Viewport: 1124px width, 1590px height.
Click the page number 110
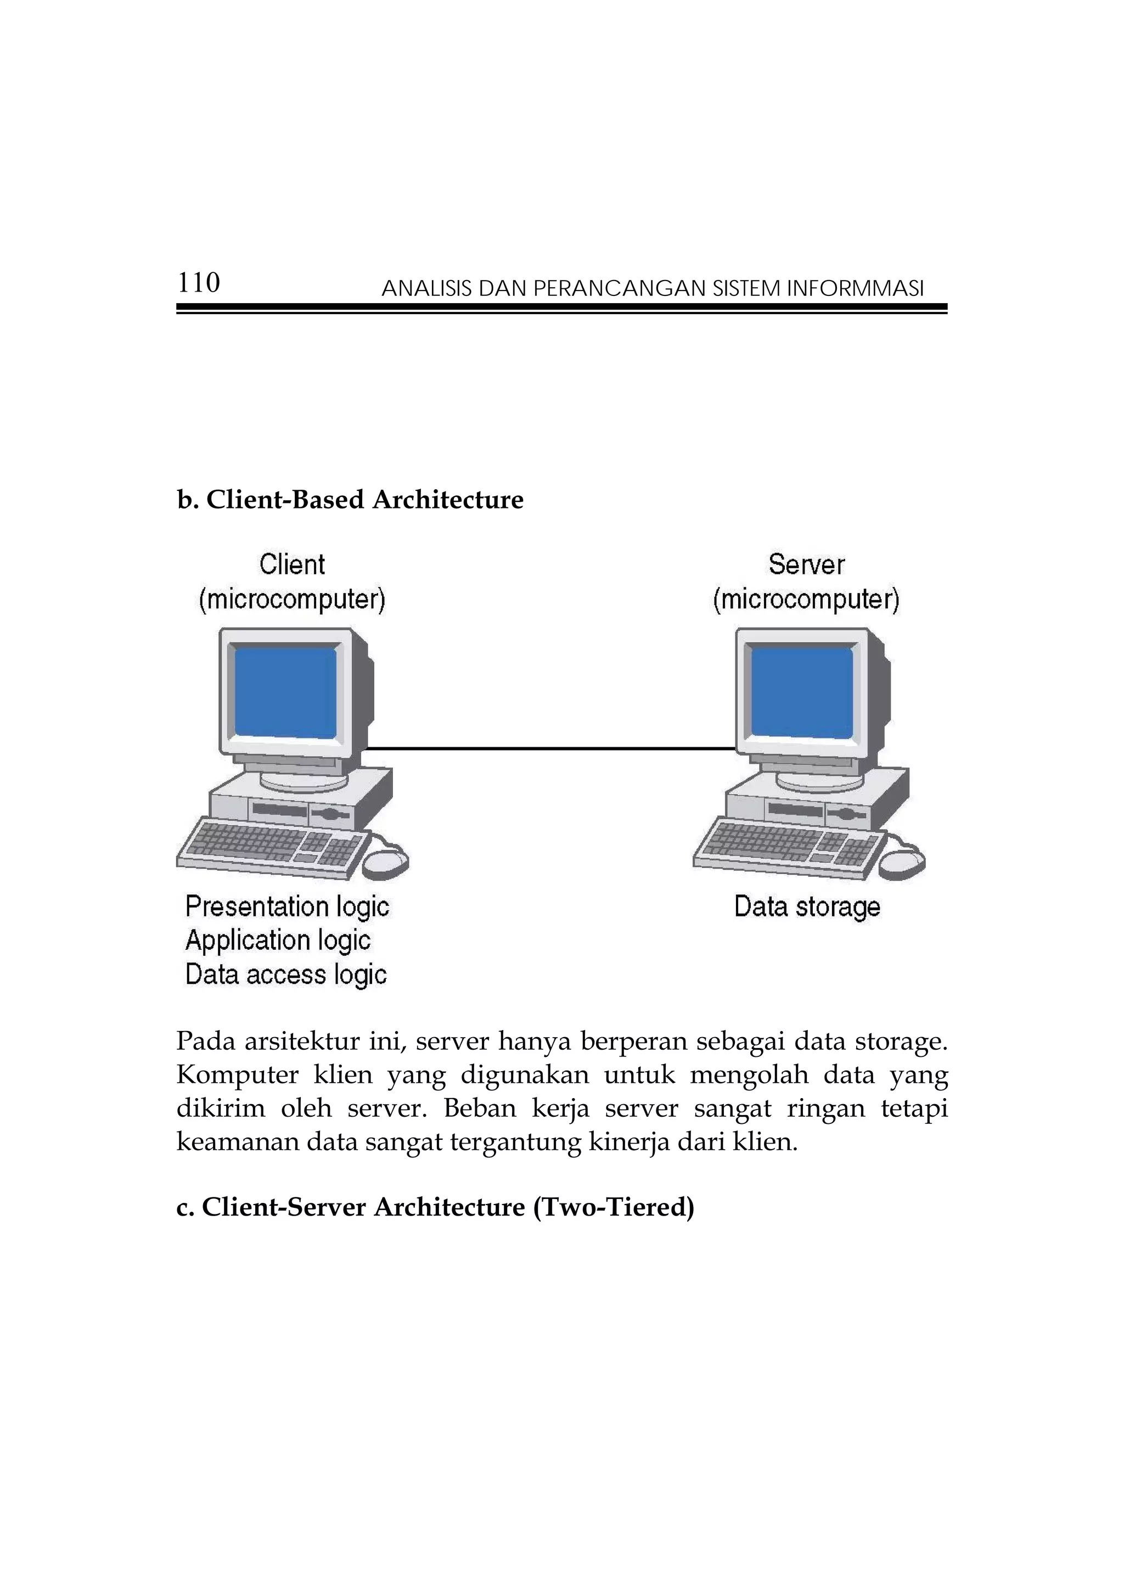point(199,283)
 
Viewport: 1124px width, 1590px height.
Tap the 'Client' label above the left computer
point(292,564)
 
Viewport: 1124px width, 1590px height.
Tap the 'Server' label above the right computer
point(806,564)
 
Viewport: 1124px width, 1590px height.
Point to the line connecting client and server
point(550,748)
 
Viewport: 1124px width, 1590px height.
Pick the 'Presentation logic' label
point(287,906)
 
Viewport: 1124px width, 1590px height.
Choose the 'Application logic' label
point(278,940)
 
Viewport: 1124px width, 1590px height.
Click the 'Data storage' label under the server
point(807,906)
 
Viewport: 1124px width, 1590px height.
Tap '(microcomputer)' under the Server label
point(806,599)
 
